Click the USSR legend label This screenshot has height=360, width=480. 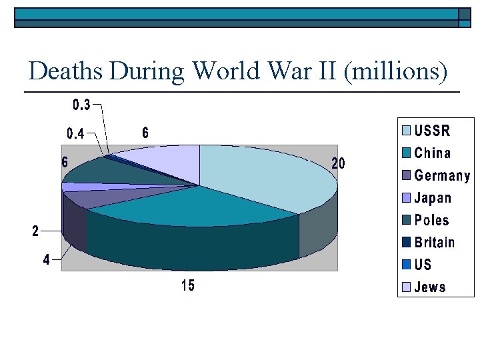coord(433,131)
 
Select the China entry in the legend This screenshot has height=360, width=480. coord(433,153)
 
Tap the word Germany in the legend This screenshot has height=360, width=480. coord(442,176)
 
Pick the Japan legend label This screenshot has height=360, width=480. coord(433,198)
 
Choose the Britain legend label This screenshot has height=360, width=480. coord(435,243)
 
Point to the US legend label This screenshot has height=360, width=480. coord(423,265)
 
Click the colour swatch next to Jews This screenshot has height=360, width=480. coord(405,288)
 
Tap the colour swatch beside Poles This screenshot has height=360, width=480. coord(405,221)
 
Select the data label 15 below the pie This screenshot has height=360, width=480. coord(189,286)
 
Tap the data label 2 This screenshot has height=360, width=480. coord(36,231)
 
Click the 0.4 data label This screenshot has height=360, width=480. coord(75,134)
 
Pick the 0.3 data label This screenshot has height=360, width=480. coord(81,105)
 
